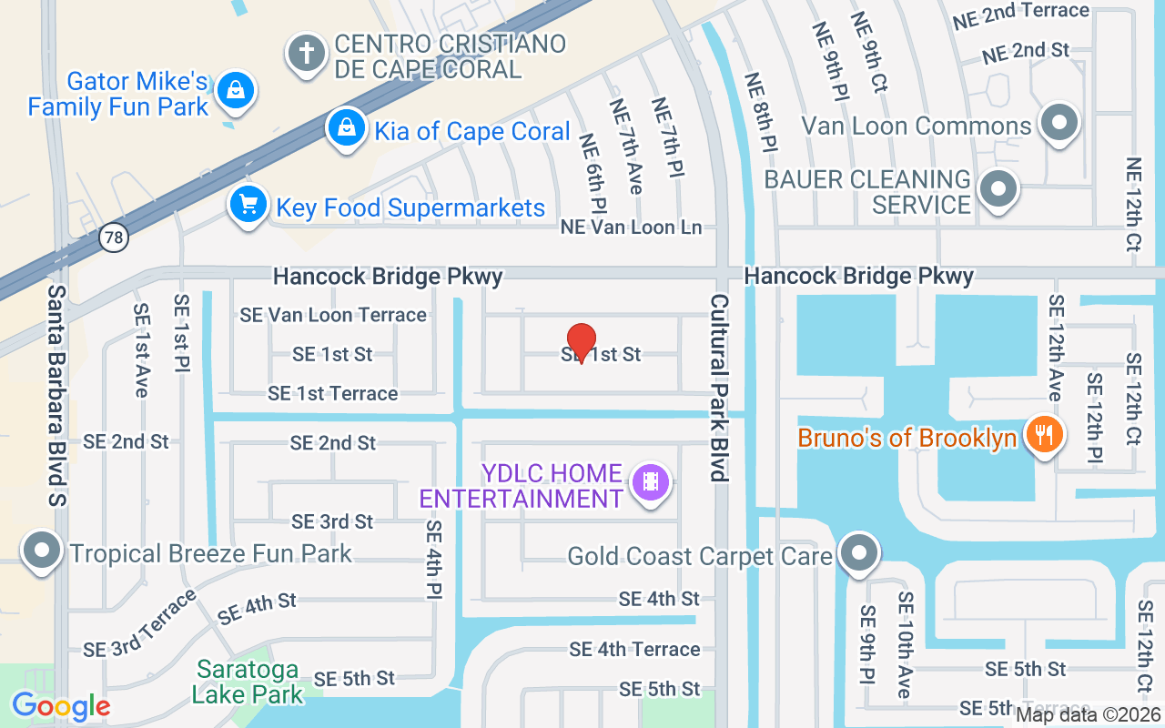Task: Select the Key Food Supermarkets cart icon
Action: pyautogui.click(x=247, y=205)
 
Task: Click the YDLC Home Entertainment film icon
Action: pyautogui.click(x=650, y=481)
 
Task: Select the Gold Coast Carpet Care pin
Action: pyautogui.click(x=857, y=552)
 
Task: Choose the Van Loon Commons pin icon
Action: pyautogui.click(x=1059, y=122)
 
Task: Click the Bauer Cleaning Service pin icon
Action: pyautogui.click(x=998, y=190)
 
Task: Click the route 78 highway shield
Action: pyautogui.click(x=114, y=238)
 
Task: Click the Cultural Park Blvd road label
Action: pyautogui.click(x=720, y=387)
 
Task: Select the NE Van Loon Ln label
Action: pyautogui.click(x=632, y=227)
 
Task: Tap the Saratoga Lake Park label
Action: pyautogui.click(x=247, y=682)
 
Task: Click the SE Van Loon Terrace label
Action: pyautogui.click(x=333, y=315)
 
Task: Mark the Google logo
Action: pyautogui.click(x=61, y=705)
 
